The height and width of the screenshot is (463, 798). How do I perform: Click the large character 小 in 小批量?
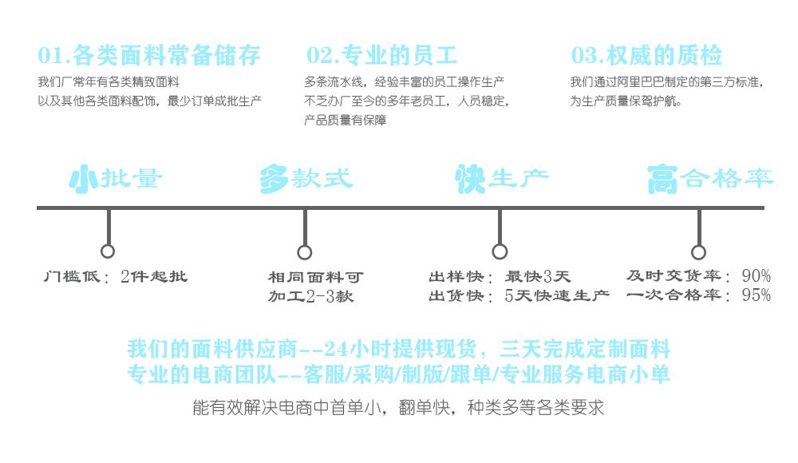click(83, 180)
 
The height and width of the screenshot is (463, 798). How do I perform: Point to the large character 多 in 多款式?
click(274, 180)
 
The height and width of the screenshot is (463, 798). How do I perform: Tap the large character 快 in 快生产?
click(470, 180)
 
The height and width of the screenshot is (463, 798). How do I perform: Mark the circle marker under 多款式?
click(305, 252)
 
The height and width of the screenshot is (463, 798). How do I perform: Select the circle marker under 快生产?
click(500, 252)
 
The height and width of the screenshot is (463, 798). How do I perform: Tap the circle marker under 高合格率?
click(698, 252)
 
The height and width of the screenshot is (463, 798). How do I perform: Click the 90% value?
click(756, 276)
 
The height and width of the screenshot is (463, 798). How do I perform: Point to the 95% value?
click(756, 295)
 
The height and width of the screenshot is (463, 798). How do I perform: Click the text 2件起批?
click(154, 277)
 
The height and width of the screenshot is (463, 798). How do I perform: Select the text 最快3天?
click(539, 277)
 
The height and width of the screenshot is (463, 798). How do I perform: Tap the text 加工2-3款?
click(310, 297)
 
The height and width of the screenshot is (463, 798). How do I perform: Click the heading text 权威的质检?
click(665, 56)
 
